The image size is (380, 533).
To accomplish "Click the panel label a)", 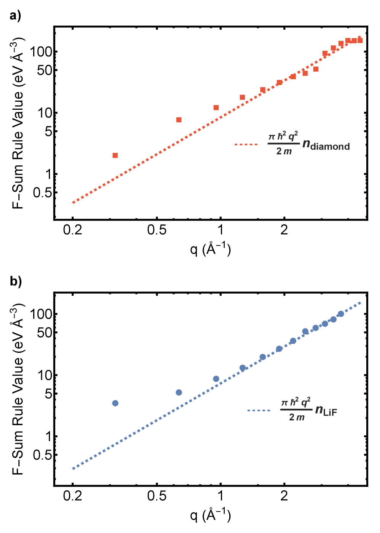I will pos(15,16).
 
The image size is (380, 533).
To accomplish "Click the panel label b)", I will pos(16,282).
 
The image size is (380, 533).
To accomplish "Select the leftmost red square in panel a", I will pos(115,155).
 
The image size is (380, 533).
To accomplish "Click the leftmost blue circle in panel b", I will pos(115,403).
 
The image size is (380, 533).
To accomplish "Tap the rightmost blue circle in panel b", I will pos(341,314).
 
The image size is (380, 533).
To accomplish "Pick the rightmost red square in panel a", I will pos(360,40).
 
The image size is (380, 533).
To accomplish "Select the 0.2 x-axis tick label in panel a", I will pos(72,230).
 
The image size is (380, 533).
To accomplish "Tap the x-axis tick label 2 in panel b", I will pos(284,496).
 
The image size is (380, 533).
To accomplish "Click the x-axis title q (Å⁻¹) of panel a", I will pos(211,249).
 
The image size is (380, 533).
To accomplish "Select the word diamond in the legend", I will pos(330,147).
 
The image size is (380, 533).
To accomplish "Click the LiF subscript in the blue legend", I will pos(330,413).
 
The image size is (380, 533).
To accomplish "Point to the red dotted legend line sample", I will pos(246,144).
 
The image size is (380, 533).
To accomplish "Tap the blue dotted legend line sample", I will pos(259,410).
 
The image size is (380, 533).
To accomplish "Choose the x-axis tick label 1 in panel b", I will pos(221,496).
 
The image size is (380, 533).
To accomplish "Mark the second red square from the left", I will pos(179,120).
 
